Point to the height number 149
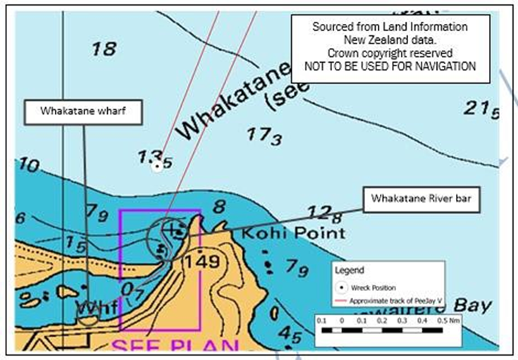pos(202,262)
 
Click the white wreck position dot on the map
pos(157,166)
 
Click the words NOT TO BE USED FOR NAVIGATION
pos(390,66)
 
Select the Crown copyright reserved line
pos(390,53)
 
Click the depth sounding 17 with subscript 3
pos(264,136)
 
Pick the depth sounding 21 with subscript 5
pos(482,109)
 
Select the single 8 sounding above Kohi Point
pos(218,206)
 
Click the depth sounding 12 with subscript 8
pos(325,212)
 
